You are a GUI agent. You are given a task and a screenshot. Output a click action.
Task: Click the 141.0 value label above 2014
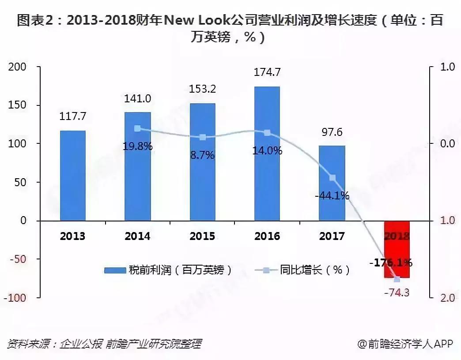click(137, 99)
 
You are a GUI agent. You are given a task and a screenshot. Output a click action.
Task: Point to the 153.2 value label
click(202, 89)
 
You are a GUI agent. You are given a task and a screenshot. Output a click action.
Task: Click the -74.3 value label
click(397, 292)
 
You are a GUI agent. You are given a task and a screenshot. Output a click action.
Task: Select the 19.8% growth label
click(137, 146)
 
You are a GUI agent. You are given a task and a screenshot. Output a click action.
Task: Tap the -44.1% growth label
click(332, 195)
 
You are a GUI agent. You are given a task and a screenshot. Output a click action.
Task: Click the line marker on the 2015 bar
click(202, 137)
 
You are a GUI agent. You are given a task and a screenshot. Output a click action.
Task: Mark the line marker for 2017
click(333, 178)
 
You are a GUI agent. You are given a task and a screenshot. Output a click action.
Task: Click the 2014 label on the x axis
click(137, 236)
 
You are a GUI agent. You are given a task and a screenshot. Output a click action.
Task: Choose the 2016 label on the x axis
click(267, 236)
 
